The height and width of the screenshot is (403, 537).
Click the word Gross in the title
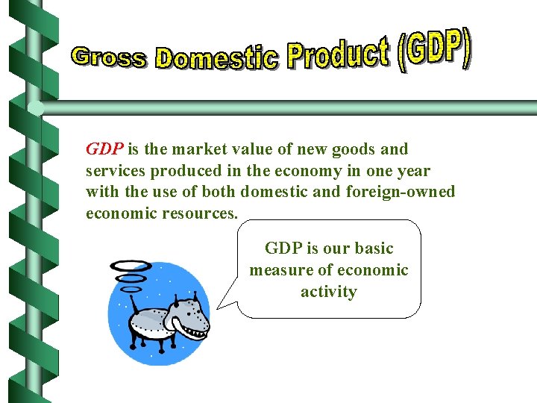pos(109,57)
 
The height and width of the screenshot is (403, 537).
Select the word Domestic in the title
pos(217,57)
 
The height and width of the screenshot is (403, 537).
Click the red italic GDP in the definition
pos(104,149)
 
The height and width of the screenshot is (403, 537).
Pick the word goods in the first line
pos(357,149)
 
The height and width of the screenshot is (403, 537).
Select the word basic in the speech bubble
pos(374,249)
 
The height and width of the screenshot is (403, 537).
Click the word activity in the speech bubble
pos(328,292)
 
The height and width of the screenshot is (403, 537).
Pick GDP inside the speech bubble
pos(282,249)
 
